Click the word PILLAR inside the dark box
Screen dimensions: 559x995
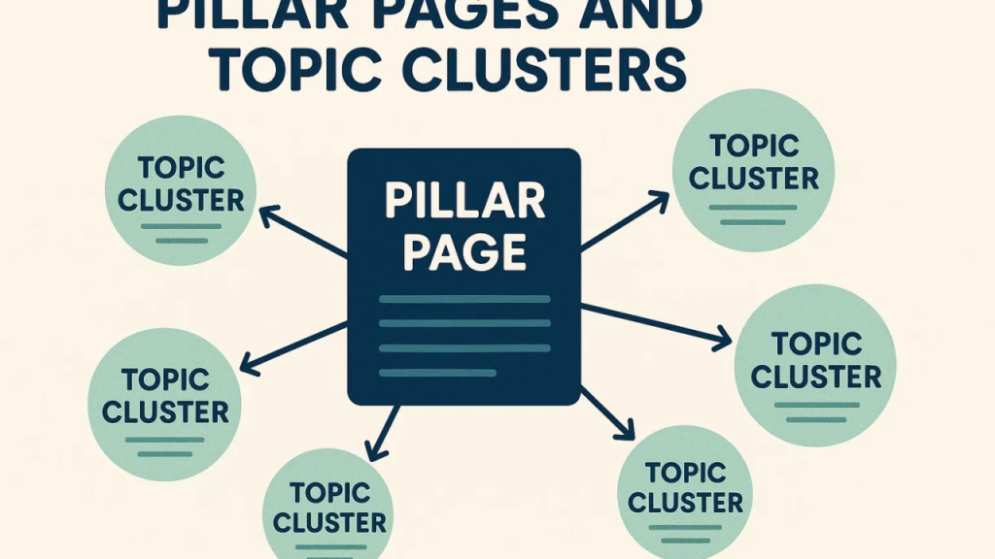[x=463, y=201]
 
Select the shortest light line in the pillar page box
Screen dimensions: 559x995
[x=437, y=371]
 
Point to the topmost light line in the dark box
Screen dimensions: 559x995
[x=464, y=299]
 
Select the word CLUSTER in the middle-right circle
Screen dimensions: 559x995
[x=815, y=376]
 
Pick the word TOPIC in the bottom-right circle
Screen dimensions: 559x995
[x=686, y=473]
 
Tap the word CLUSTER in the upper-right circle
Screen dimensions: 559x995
[x=754, y=178]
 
